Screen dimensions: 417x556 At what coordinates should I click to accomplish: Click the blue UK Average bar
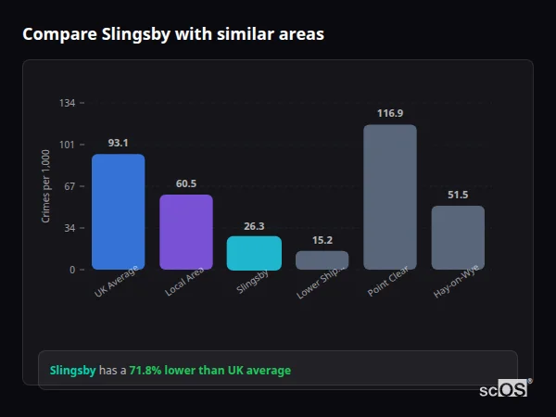[118, 212]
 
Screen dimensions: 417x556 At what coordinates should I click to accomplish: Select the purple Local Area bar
[186, 233]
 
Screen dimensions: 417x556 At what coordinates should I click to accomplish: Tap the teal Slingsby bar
[254, 253]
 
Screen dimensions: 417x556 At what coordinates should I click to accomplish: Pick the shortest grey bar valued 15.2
[322, 260]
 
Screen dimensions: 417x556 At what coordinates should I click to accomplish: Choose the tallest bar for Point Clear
[390, 197]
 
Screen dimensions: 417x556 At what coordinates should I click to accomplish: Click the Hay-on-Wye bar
[458, 238]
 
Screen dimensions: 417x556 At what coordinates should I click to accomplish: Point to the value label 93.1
[118, 144]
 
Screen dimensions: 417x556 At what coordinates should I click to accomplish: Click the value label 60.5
[186, 183]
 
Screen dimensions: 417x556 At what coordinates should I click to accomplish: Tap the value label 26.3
[254, 225]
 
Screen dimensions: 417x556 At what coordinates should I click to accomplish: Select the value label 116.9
[390, 113]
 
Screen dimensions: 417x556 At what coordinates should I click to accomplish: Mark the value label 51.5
[458, 195]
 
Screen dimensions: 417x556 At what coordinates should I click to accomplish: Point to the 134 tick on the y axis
[67, 103]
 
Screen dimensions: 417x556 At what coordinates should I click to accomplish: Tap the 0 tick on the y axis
[72, 270]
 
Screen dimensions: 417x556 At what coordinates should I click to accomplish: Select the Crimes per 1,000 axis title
[46, 186]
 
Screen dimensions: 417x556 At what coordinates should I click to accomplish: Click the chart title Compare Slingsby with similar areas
[172, 34]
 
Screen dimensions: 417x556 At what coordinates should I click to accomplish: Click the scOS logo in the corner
[503, 389]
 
